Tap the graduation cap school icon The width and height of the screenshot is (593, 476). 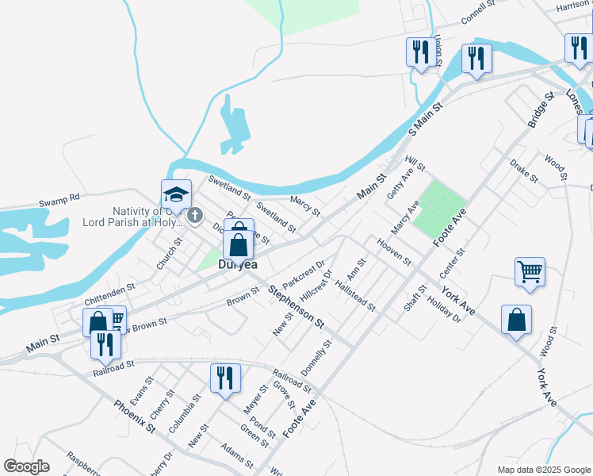pyautogui.click(x=177, y=194)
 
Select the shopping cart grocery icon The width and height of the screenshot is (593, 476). pyautogui.click(x=530, y=272)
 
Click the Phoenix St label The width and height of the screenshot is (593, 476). pyautogui.click(x=133, y=416)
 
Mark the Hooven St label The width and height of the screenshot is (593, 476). pyautogui.click(x=394, y=250)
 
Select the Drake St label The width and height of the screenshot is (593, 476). pyautogui.click(x=524, y=170)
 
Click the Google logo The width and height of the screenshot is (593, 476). pyautogui.click(x=27, y=466)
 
